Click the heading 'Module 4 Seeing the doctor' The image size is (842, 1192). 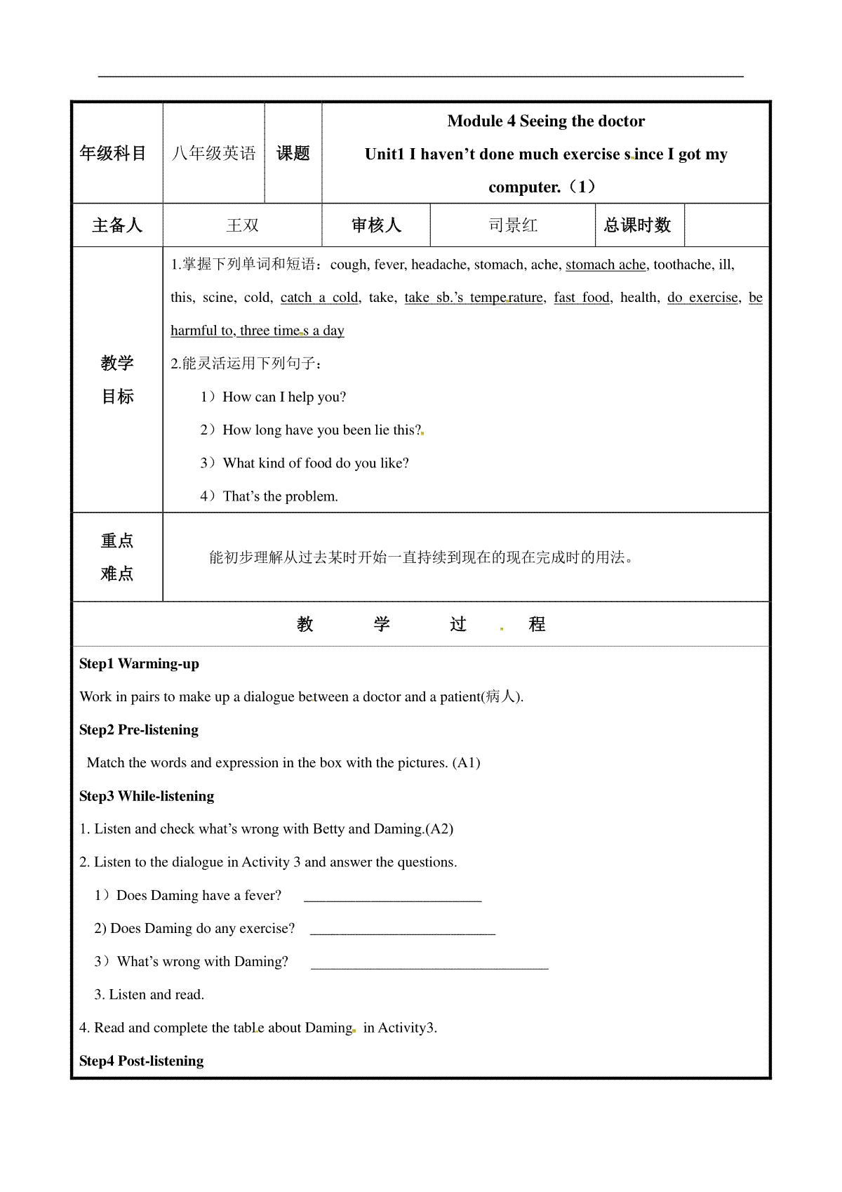(546, 121)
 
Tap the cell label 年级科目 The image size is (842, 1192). (113, 154)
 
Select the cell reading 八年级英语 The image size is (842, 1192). (214, 154)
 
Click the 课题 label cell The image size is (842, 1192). (293, 154)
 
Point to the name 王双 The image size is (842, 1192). (243, 225)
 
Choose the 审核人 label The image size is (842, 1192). (376, 225)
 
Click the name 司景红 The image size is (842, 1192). (513, 225)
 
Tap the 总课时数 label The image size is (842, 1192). (637, 225)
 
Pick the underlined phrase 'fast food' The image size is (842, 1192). (582, 298)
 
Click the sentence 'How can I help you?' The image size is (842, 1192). (283, 397)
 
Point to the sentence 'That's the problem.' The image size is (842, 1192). (280, 496)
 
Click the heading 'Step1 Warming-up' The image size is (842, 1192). (139, 664)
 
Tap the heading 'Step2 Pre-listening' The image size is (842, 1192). (139, 730)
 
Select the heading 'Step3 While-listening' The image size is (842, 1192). (147, 796)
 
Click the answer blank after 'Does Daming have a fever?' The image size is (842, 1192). (393, 896)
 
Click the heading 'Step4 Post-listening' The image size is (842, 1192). (142, 1061)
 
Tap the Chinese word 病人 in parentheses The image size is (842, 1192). (501, 697)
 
